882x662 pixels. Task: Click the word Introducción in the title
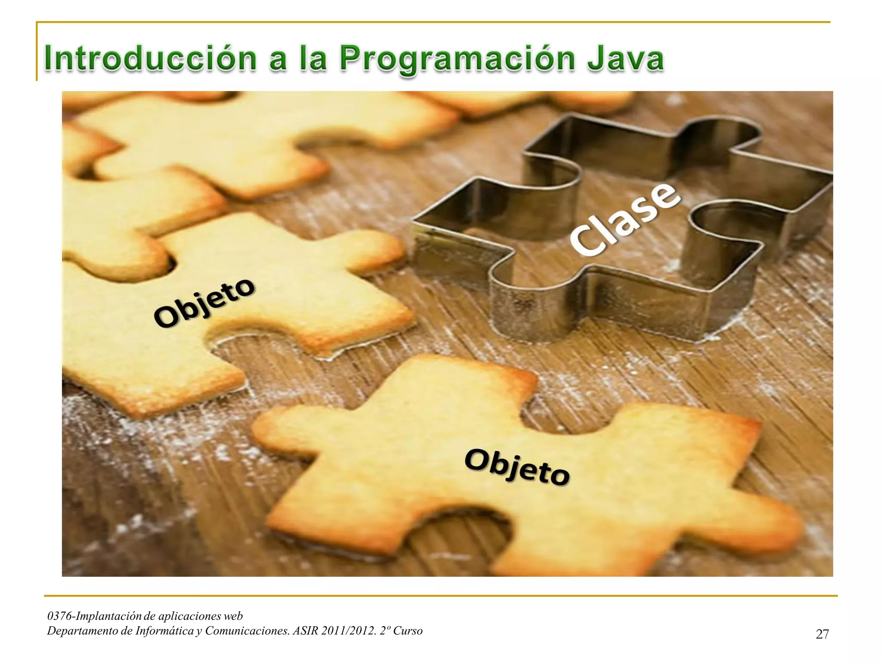coord(150,59)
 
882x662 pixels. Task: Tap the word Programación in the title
coord(457,59)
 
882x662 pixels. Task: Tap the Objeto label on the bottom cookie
coord(517,467)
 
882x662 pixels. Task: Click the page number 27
coord(822,634)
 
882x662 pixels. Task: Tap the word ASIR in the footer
coord(305,631)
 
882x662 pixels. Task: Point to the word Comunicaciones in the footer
coord(247,631)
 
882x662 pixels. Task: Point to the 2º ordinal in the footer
coord(384,631)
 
